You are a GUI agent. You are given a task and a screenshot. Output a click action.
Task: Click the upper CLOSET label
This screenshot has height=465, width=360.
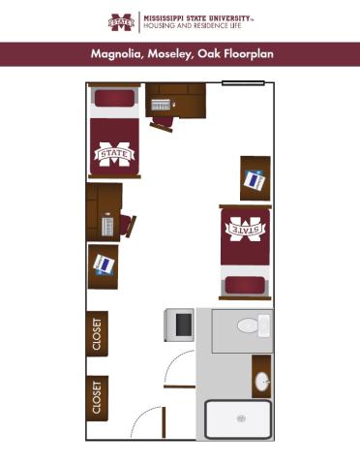coord(97,333)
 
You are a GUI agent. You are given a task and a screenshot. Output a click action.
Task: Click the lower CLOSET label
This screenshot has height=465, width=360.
coord(97,397)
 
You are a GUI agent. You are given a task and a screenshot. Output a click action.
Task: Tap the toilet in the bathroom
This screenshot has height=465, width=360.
coord(252,325)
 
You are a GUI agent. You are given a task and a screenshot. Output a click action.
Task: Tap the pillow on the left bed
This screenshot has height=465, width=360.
coord(114,100)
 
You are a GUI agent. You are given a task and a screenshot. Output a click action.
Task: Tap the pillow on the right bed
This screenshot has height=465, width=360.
coord(247,284)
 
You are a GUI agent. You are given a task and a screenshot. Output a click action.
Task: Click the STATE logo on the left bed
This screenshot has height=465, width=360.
coord(114,153)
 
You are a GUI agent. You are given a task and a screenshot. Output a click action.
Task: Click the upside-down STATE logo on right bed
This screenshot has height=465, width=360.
coord(247,231)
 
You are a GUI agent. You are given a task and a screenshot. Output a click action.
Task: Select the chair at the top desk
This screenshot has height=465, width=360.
coord(162,122)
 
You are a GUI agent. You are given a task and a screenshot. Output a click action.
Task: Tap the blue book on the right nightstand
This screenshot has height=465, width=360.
coord(254,178)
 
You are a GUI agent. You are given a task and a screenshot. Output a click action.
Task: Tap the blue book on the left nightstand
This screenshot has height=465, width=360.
coord(103,263)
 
